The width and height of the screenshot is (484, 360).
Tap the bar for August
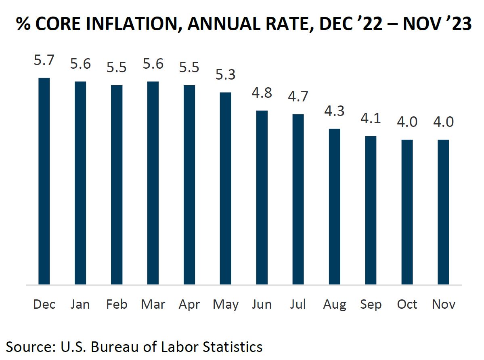335,206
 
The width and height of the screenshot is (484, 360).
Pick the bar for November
443,212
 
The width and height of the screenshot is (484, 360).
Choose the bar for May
226,188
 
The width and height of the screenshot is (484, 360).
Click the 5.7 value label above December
44,61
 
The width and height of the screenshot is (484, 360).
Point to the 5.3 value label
226,75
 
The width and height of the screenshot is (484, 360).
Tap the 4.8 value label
262,93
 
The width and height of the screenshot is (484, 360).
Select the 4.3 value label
335,111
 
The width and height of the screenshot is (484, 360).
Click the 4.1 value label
371,119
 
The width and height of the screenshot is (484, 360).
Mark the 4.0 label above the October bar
407,122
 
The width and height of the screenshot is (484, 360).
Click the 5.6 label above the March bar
153,64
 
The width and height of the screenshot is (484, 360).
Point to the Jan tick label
80,304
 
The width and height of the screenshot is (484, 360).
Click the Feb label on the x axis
116,304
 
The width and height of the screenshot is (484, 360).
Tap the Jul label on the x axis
298,304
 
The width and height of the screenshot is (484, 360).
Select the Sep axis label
371,304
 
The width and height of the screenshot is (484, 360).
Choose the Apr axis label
189,304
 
